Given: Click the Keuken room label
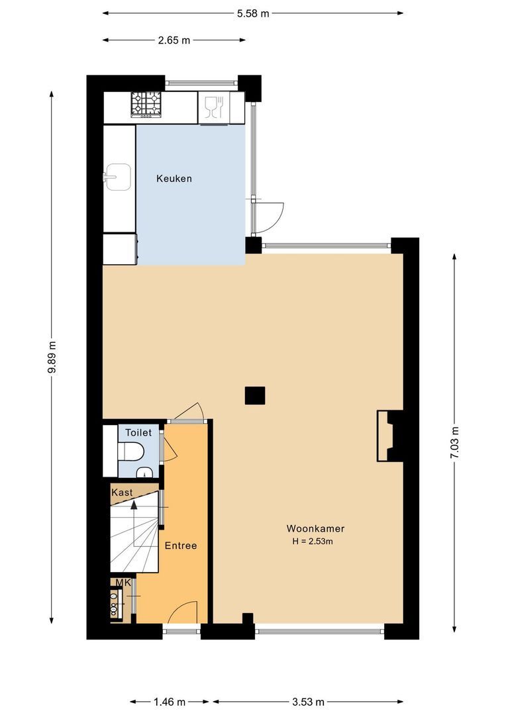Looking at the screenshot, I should click(174, 178).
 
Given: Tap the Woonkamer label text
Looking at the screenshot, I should click(315, 528).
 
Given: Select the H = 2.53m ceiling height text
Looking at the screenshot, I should click(312, 542).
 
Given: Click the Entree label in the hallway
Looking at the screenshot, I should click(181, 546).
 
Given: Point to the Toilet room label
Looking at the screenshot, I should click(138, 432).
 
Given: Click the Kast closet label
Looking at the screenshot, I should click(122, 493).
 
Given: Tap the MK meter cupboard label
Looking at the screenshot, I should click(123, 583).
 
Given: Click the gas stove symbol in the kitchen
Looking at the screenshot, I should click(146, 103).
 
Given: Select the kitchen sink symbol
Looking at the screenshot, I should click(117, 176).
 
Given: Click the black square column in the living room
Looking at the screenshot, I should click(255, 395).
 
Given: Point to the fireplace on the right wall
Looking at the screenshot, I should click(385, 436).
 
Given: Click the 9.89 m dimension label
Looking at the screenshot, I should click(52, 358).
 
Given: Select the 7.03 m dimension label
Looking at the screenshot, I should click(454, 443).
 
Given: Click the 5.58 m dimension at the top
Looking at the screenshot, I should click(253, 13).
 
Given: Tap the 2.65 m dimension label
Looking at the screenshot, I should click(174, 40).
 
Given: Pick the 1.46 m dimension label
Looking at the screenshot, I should click(170, 702).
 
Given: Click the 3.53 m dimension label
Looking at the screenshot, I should click(307, 702).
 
